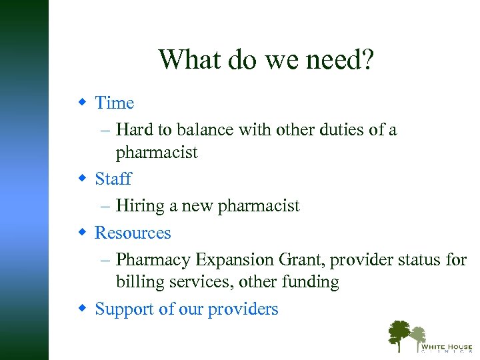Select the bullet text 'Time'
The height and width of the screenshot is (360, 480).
(x=115, y=103)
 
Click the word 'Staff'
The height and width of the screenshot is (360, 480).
(x=113, y=179)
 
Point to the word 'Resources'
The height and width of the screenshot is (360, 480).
(x=133, y=233)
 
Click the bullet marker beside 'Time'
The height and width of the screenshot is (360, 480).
(x=83, y=102)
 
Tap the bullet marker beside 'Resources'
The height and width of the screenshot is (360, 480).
(x=83, y=232)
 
